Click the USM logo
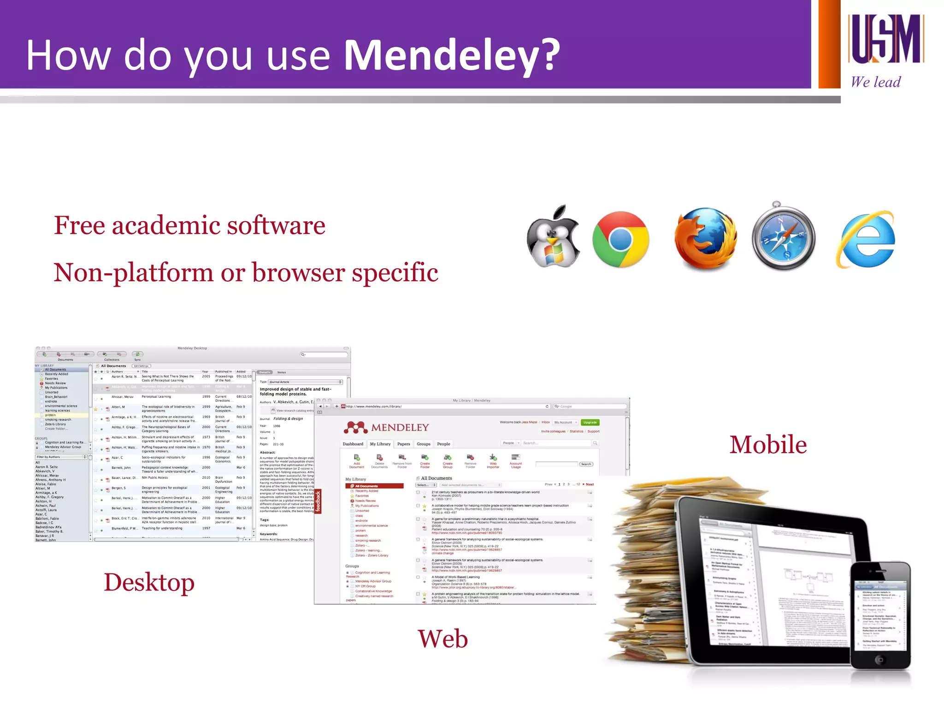[885, 39]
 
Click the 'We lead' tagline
[875, 82]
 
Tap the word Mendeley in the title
[452, 55]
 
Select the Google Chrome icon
[620, 239]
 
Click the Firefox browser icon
[705, 238]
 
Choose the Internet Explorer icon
[866, 239]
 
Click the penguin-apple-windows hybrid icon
[553, 237]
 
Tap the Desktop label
[149, 582]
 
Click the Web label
[442, 639]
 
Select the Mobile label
[768, 445]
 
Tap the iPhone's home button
[879, 660]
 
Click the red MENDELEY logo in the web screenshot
[386, 427]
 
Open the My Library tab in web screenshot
[380, 444]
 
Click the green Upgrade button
[590, 422]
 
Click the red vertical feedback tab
[318, 501]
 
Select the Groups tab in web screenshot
[423, 444]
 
